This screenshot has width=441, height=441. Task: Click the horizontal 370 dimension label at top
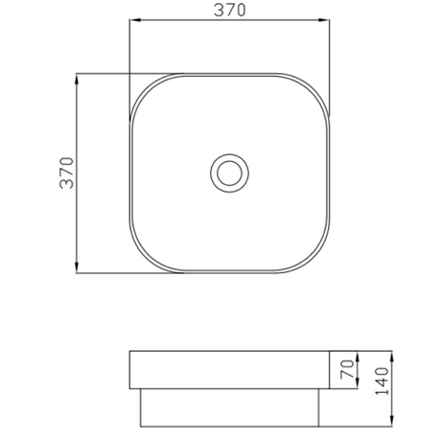(229, 10)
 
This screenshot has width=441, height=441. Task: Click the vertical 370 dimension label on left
(67, 173)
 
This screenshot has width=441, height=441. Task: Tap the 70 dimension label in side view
(347, 369)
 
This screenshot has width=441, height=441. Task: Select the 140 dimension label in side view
(382, 381)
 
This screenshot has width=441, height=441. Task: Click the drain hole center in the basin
(229, 173)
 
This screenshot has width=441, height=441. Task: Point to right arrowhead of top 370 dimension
(324, 20)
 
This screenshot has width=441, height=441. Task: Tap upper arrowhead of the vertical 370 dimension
(77, 79)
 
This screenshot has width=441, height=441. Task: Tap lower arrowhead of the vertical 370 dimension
(77, 267)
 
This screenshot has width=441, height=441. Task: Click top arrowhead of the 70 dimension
(358, 357)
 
